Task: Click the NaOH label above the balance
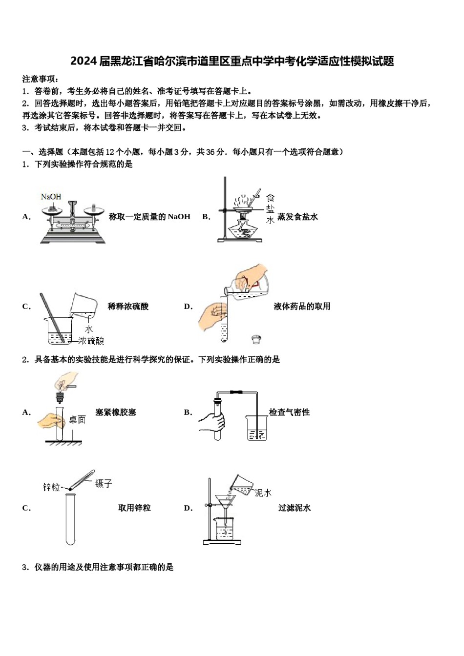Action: coord(51,197)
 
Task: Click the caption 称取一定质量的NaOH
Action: coord(149,217)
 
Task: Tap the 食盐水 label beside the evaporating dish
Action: coord(270,209)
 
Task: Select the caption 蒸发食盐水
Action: coord(297,217)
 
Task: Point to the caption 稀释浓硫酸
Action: coord(128,307)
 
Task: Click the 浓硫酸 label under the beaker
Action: coord(91,341)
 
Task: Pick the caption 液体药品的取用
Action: coord(302,307)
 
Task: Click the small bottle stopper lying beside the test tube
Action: coord(255,339)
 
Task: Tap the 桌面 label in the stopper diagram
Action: coord(77,420)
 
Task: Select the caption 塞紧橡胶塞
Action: coord(116,412)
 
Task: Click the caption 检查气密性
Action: coord(289,412)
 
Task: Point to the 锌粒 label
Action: coord(51,487)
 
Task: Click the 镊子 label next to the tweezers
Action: coord(104,484)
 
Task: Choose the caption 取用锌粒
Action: coord(134,508)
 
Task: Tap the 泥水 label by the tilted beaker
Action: coord(263,493)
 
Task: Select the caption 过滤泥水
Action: coord(295,508)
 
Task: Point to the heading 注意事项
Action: coord(41,79)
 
